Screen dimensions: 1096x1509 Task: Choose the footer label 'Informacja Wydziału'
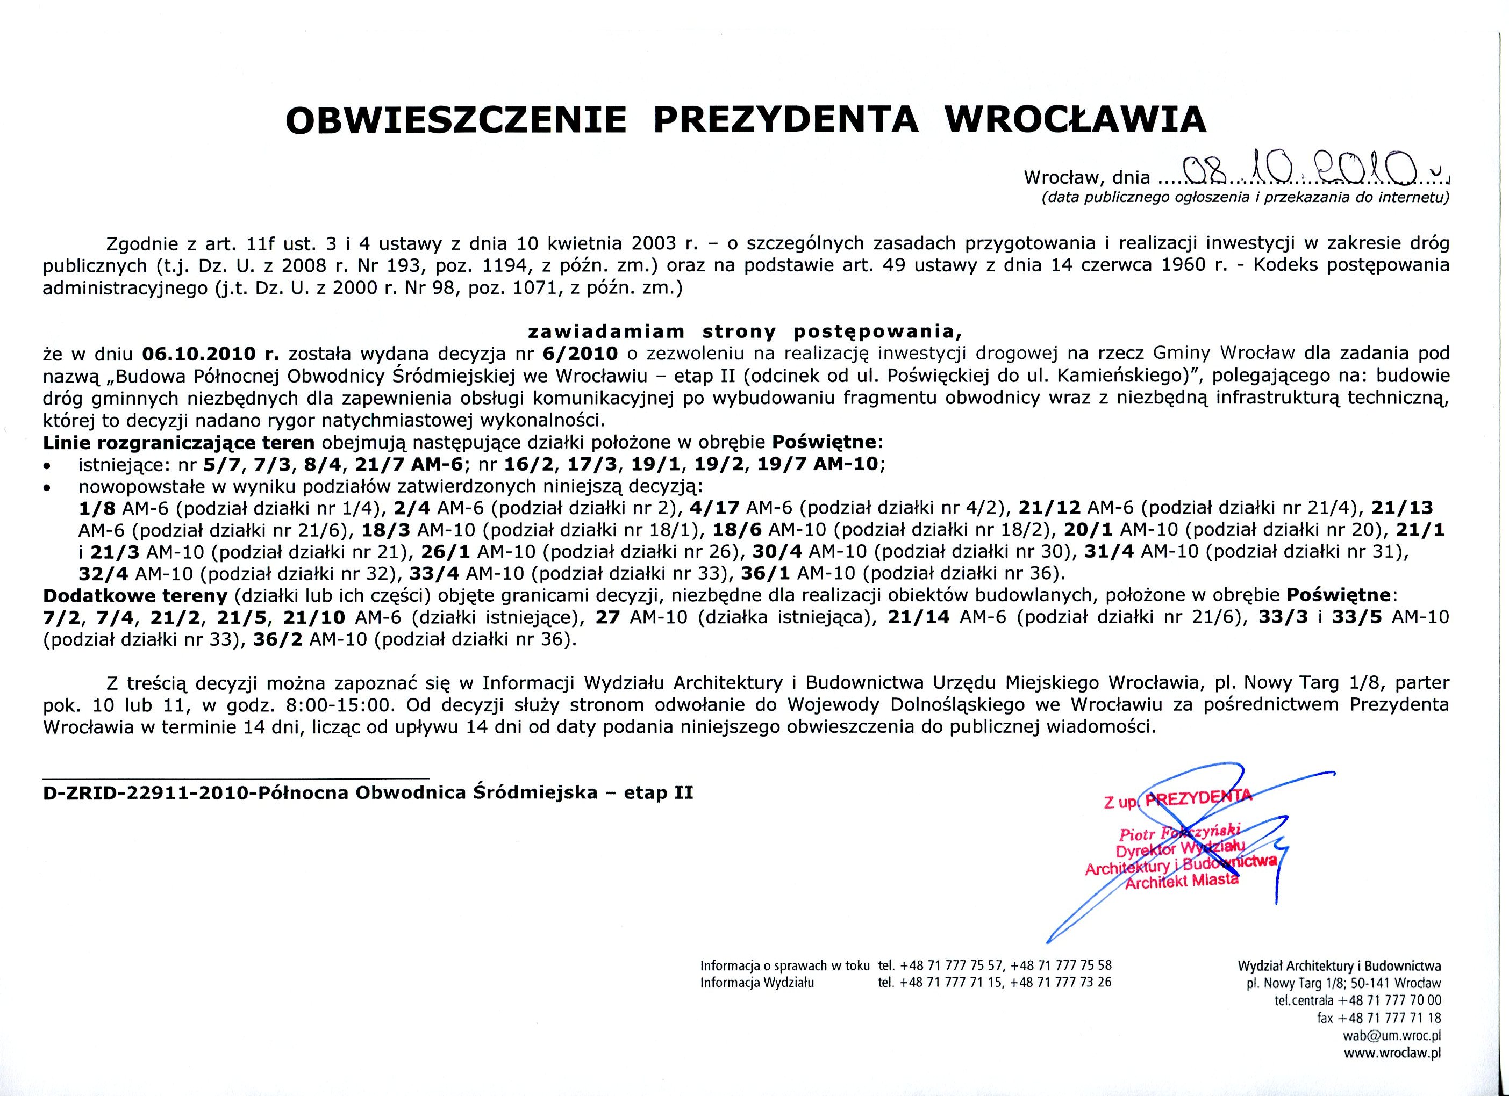(x=756, y=982)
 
